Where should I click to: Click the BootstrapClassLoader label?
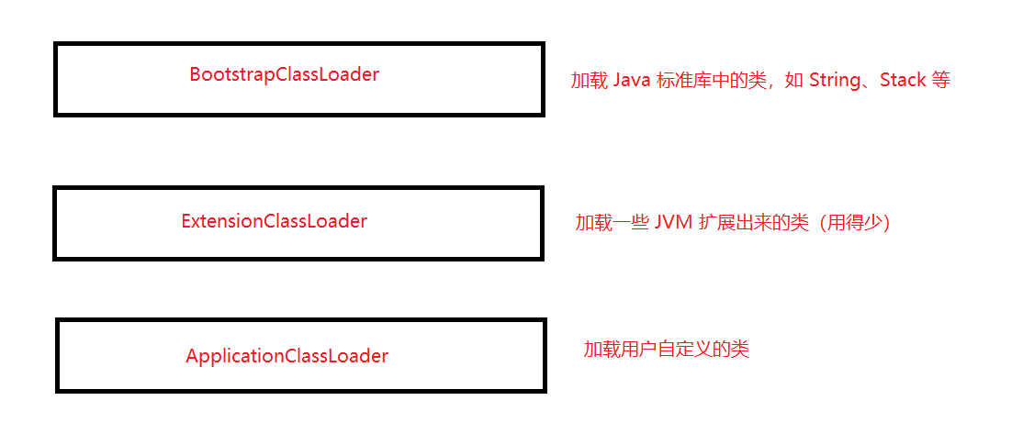284,75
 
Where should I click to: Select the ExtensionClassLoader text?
274,221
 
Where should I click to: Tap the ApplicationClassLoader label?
287,356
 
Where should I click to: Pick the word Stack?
903,81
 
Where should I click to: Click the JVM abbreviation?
674,223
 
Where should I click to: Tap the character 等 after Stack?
940,81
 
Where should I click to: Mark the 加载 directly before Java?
589,81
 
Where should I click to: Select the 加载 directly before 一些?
593,223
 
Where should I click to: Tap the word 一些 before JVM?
630,223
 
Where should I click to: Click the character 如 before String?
794,81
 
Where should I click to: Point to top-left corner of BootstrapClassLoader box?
56,43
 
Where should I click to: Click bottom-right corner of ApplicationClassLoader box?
545,391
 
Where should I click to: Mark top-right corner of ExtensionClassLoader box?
542,188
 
